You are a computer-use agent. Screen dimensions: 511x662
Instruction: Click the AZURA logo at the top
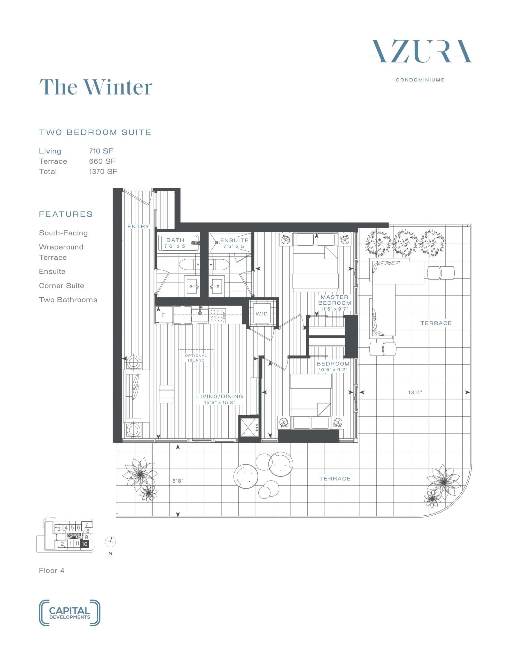(x=420, y=51)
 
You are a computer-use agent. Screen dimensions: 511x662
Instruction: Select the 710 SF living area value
(x=101, y=151)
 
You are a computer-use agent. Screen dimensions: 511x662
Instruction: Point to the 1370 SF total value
(x=103, y=171)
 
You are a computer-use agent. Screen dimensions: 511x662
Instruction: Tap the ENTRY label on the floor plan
(x=138, y=227)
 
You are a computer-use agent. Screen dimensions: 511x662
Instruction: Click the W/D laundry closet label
(x=262, y=314)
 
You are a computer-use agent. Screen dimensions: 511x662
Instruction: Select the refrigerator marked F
(x=163, y=315)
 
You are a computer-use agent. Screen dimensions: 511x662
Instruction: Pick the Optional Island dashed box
(x=196, y=358)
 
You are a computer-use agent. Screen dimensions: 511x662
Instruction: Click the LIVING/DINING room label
(x=220, y=396)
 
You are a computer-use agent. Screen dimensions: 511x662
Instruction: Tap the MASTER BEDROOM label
(x=335, y=300)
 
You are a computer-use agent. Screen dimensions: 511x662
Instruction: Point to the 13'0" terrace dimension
(x=415, y=393)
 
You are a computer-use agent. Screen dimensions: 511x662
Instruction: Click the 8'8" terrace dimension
(x=178, y=481)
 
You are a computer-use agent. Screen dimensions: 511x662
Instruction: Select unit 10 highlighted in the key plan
(x=84, y=544)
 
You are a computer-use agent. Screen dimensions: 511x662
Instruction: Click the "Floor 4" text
(x=51, y=570)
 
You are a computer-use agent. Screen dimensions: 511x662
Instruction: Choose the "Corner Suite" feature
(x=61, y=285)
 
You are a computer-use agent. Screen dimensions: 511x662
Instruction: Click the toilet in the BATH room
(x=190, y=265)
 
